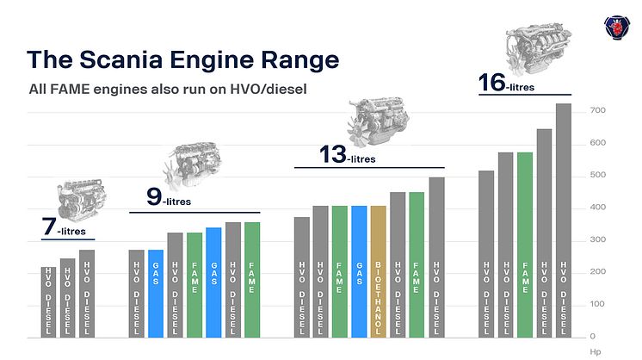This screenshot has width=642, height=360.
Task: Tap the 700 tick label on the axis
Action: tap(597, 111)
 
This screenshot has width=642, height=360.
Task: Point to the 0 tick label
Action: tap(592, 336)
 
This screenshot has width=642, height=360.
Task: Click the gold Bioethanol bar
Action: tap(378, 271)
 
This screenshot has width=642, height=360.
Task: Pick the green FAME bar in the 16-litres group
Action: tap(525, 245)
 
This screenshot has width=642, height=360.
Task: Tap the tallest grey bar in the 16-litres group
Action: tap(564, 220)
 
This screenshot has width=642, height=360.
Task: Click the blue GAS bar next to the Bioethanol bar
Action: tap(359, 271)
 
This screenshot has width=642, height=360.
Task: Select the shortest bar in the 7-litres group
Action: tap(48, 301)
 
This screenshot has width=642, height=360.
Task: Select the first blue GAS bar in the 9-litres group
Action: tap(156, 293)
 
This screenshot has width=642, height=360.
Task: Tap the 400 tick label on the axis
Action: tap(597, 208)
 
